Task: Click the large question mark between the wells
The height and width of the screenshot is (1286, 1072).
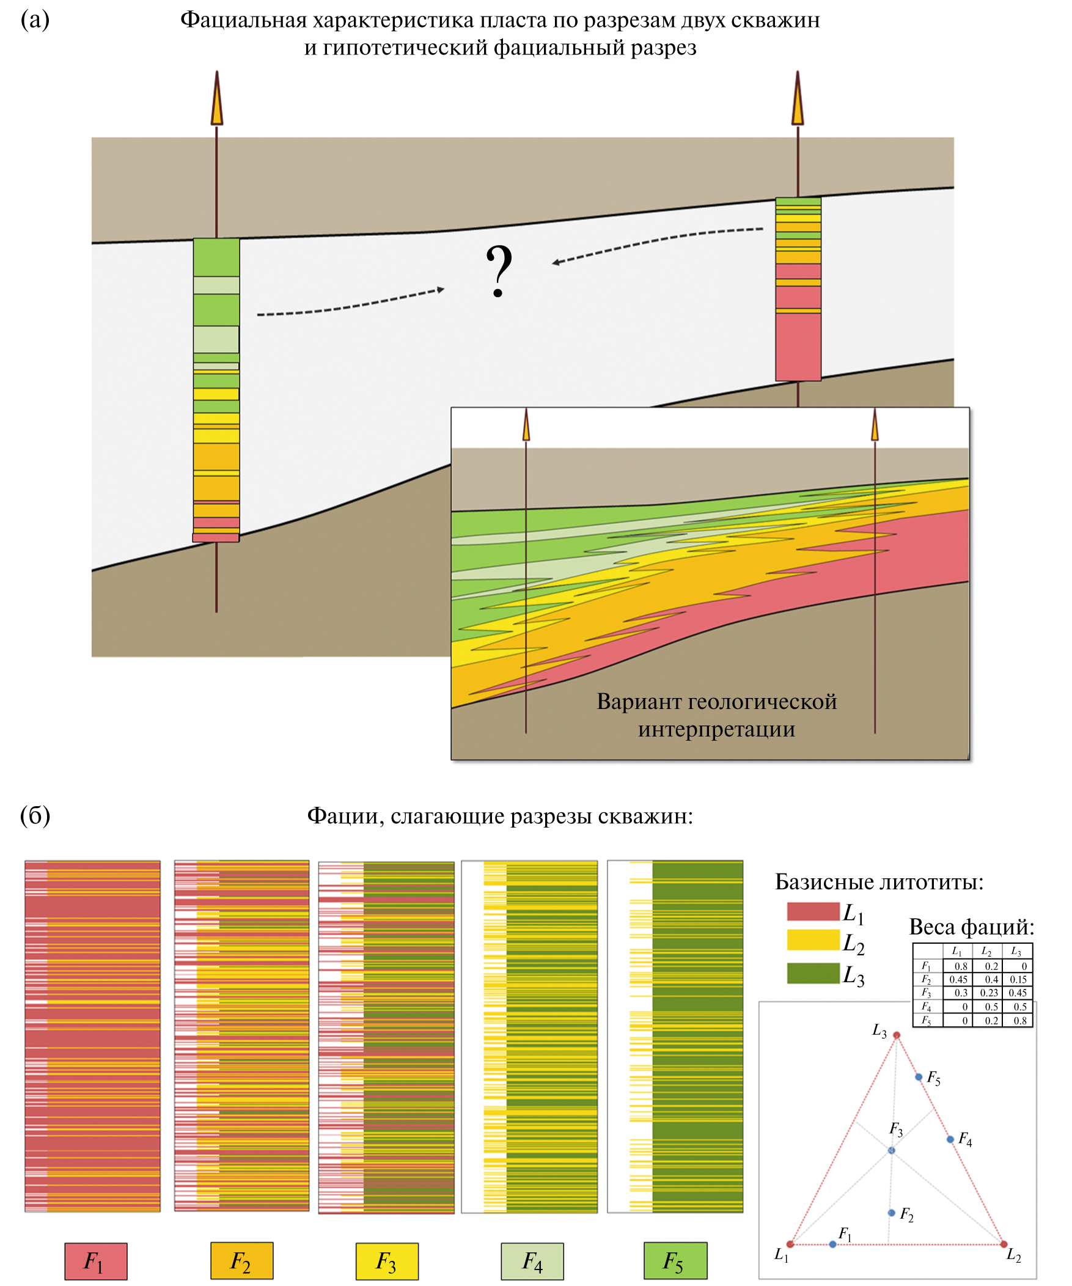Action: pyautogui.click(x=498, y=271)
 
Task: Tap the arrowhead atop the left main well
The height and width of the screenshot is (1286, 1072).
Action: pyautogui.click(x=217, y=101)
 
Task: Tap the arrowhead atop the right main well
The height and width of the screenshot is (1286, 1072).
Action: pyautogui.click(x=798, y=101)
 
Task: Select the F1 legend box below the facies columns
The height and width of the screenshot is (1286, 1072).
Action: pyautogui.click(x=96, y=1261)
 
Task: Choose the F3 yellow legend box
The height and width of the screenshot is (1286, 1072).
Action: pyautogui.click(x=387, y=1261)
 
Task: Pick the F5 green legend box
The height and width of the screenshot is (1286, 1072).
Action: pyautogui.click(x=675, y=1261)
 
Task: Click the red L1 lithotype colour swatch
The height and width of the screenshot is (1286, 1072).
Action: pyautogui.click(x=812, y=911)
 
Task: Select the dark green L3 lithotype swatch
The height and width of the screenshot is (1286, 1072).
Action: pyautogui.click(x=812, y=973)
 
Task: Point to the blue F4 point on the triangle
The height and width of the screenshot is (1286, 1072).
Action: pyautogui.click(x=950, y=1140)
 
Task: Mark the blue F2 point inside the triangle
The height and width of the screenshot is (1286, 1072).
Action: pyautogui.click(x=891, y=1213)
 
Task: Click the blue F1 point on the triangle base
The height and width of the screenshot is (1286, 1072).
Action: pyautogui.click(x=832, y=1244)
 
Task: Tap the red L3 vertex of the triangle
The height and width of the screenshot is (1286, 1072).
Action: pyautogui.click(x=897, y=1035)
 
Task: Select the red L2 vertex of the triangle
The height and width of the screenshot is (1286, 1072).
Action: pyautogui.click(x=1004, y=1244)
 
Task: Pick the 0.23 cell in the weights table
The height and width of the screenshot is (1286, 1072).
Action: pyautogui.click(x=989, y=993)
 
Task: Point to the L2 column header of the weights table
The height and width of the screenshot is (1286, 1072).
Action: pyautogui.click(x=986, y=952)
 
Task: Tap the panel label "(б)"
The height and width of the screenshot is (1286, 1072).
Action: pyautogui.click(x=35, y=815)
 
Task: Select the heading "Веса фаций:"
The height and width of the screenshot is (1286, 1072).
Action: pyautogui.click(x=972, y=927)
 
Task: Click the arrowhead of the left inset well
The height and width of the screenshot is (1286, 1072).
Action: pyautogui.click(x=526, y=425)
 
